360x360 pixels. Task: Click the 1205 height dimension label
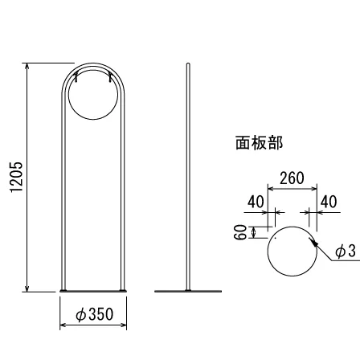tap(16, 177)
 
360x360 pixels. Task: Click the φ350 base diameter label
tap(95, 314)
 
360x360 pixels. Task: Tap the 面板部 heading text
tap(259, 143)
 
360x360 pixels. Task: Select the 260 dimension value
tap(292, 178)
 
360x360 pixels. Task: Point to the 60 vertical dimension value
tap(240, 232)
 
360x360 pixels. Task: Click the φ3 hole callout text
tap(346, 252)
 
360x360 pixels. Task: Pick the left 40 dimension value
tap(256, 202)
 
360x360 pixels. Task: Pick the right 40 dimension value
tap(329, 202)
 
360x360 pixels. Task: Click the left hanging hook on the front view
tap(76, 77)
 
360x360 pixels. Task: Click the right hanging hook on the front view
tap(110, 77)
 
